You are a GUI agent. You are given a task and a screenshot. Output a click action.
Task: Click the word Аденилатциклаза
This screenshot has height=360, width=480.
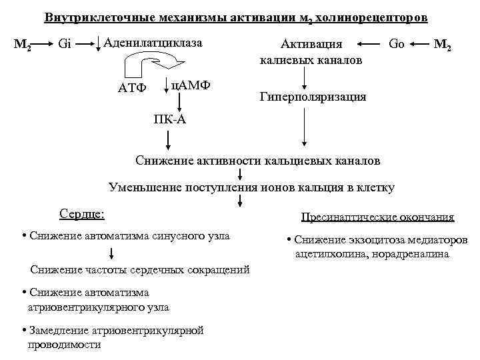click(153, 43)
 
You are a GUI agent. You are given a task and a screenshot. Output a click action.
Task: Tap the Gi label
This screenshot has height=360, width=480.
click(65, 45)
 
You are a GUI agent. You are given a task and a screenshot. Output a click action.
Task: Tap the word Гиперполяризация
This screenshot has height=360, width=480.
click(312, 97)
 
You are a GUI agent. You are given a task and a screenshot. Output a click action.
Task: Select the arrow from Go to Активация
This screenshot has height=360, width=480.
click(369, 45)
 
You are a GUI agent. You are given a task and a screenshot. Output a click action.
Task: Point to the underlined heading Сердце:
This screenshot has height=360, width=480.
click(82, 215)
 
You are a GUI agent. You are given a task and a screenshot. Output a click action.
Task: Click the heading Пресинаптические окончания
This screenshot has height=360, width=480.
click(377, 217)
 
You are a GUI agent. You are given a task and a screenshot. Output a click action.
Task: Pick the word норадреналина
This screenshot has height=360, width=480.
click(413, 254)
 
